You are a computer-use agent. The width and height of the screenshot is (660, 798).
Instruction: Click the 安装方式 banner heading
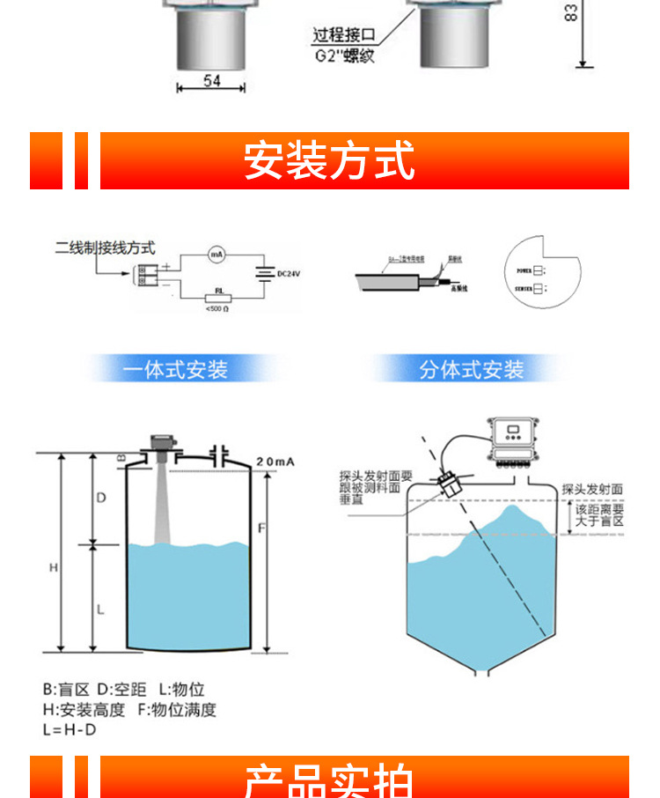coord(329,160)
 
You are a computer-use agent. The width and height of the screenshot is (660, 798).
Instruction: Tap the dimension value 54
coord(211,81)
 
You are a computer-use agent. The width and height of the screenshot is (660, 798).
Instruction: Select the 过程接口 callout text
coord(344,36)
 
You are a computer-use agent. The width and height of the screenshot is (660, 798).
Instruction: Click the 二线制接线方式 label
coord(105,248)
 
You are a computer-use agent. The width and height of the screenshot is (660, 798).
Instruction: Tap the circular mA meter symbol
coord(216,255)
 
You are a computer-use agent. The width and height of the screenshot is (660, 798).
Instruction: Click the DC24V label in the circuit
coord(289,275)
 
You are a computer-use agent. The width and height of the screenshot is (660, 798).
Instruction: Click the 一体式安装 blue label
coord(175,369)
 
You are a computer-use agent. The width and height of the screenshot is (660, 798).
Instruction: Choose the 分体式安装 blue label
coord(471,369)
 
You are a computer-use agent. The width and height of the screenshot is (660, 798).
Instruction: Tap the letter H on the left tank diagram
coord(53,568)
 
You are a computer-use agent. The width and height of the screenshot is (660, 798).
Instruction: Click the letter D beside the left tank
coord(101,498)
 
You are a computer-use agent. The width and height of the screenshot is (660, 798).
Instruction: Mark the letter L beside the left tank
coord(101,608)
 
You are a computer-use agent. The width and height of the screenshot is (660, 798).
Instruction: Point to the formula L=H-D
coord(70,730)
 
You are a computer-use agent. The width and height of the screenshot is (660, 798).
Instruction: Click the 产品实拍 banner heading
coord(329,780)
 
